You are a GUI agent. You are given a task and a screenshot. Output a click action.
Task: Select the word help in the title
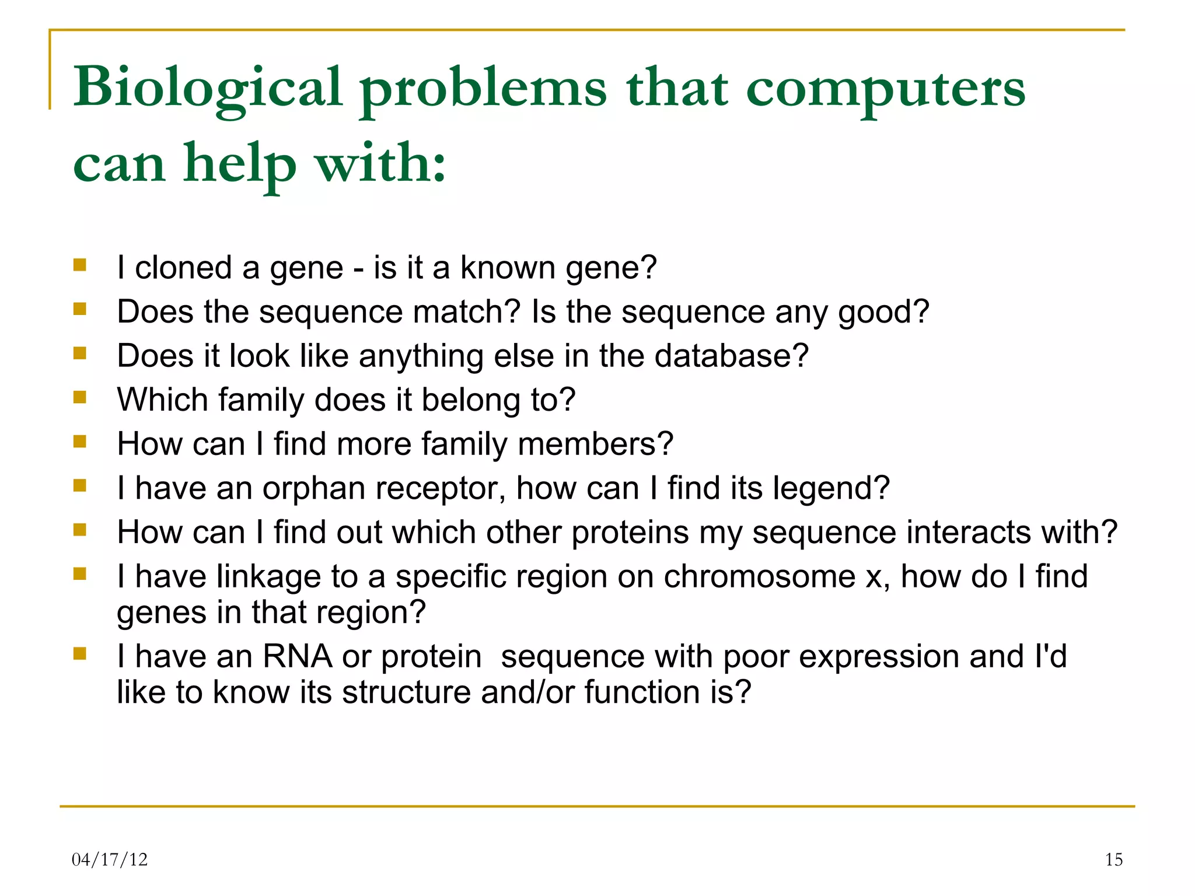[x=240, y=164]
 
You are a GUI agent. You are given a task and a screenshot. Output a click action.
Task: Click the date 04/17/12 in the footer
[x=110, y=859]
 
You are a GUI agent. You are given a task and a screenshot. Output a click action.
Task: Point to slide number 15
[x=1113, y=859]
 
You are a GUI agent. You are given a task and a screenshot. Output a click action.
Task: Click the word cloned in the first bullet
[x=183, y=268]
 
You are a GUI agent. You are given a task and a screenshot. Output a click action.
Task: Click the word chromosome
[x=759, y=576]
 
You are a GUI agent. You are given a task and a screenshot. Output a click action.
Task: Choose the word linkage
[x=268, y=576]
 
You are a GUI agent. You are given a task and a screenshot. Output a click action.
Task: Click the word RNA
[x=298, y=656]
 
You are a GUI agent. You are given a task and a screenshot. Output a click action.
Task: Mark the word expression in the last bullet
[x=879, y=656]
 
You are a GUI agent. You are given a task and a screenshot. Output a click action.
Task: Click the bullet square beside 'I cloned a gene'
[x=80, y=265]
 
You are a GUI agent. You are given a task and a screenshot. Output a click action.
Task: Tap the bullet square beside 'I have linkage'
[x=80, y=574]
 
